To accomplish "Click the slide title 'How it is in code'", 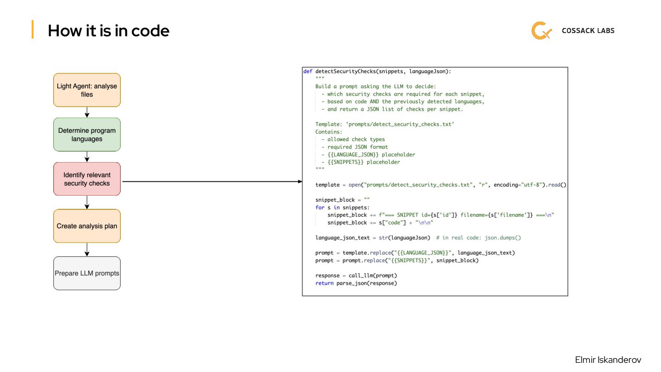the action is coord(108,31).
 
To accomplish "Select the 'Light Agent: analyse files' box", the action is coord(87,90).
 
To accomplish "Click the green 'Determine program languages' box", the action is coord(87,135).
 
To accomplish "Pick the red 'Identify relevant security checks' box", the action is coord(87,179).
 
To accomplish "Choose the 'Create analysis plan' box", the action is coord(87,226).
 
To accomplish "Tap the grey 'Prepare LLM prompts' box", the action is coord(87,273).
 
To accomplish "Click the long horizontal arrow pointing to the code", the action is coord(211,181).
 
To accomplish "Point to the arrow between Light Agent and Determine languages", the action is coord(87,112).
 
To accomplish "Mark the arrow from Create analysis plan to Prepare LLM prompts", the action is coord(87,249).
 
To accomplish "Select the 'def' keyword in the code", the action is coord(308,71).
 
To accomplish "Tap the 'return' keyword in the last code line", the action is coord(324,283).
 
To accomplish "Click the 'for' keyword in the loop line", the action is coord(319,208).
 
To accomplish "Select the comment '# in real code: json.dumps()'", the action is coord(478,238).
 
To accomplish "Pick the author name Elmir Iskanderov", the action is coord(608,360).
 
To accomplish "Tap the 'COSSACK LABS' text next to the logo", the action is coord(588,31).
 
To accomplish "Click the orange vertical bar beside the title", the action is coord(33,30).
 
